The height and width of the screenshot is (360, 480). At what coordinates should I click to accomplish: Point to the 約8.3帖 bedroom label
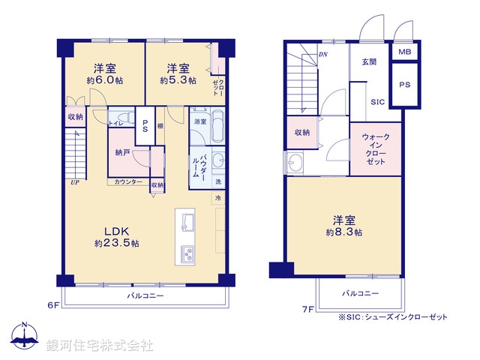click(x=345, y=226)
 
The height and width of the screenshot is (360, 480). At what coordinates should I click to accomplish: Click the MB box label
click(x=404, y=52)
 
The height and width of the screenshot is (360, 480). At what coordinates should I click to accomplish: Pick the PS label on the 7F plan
click(x=404, y=85)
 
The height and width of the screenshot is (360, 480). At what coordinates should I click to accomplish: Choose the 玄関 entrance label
click(x=368, y=61)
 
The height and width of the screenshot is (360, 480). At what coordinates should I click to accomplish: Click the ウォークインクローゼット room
click(x=375, y=149)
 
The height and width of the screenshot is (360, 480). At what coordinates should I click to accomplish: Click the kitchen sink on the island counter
click(x=188, y=222)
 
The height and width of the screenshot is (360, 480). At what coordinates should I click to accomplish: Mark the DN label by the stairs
click(x=322, y=54)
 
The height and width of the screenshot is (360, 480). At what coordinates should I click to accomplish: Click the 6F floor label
click(x=53, y=305)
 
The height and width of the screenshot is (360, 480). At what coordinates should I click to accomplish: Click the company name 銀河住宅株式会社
click(x=100, y=346)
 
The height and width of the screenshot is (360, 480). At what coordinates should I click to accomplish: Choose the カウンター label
click(x=128, y=182)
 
